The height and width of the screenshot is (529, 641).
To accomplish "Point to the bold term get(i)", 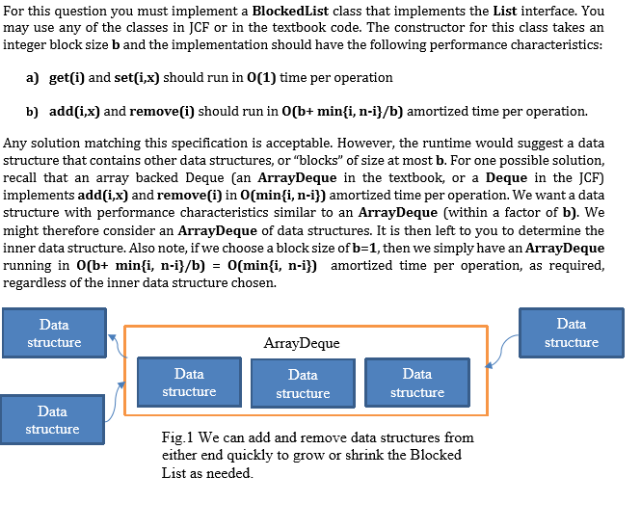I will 66,77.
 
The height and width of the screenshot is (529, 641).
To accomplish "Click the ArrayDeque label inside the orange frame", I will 301,343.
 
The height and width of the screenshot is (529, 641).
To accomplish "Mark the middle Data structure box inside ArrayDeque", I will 303,384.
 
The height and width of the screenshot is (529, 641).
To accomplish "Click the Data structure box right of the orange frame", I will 571,332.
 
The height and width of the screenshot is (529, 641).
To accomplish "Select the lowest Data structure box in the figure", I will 52,420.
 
